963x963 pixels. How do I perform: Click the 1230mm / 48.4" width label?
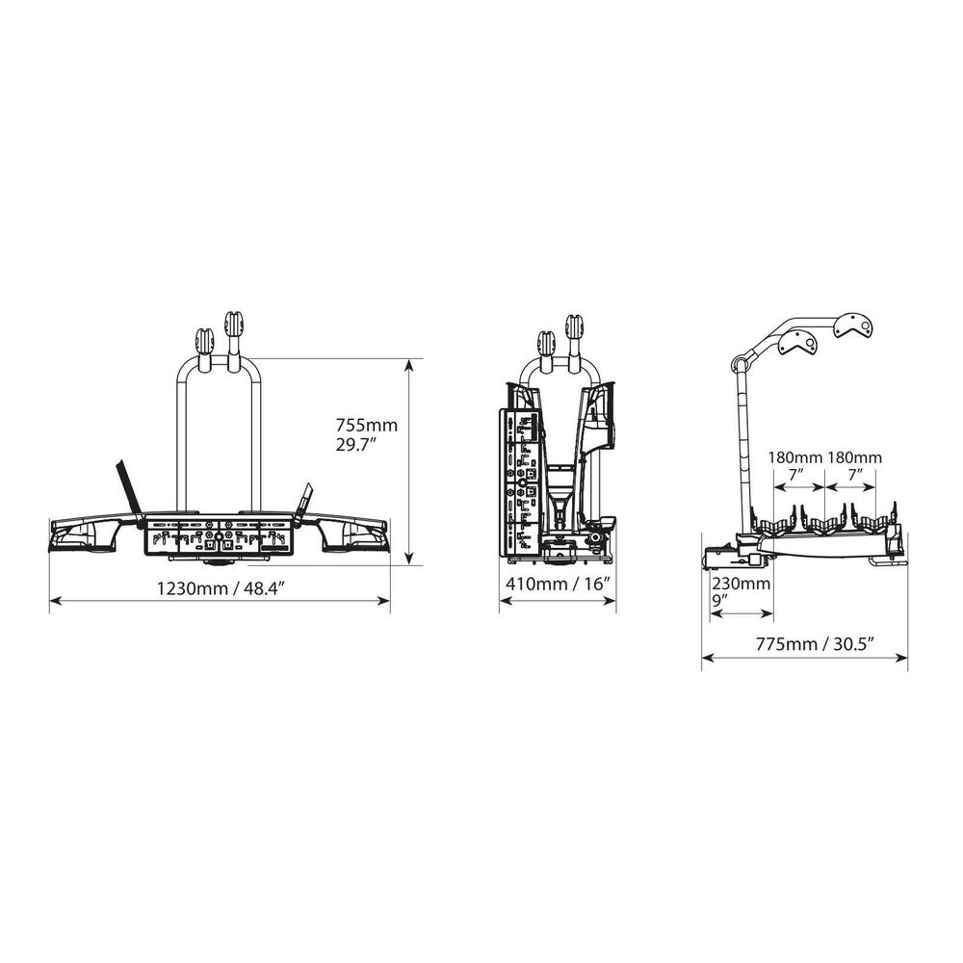click(221, 588)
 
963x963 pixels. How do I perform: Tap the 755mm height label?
click(366, 425)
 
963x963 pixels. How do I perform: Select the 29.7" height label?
click(355, 445)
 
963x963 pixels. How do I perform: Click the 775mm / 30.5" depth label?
click(815, 643)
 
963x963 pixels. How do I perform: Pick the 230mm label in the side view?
click(741, 583)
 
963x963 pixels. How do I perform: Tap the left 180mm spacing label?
click(795, 457)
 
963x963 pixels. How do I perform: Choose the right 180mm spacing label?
click(854, 457)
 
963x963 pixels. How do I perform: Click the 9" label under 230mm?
click(719, 600)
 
